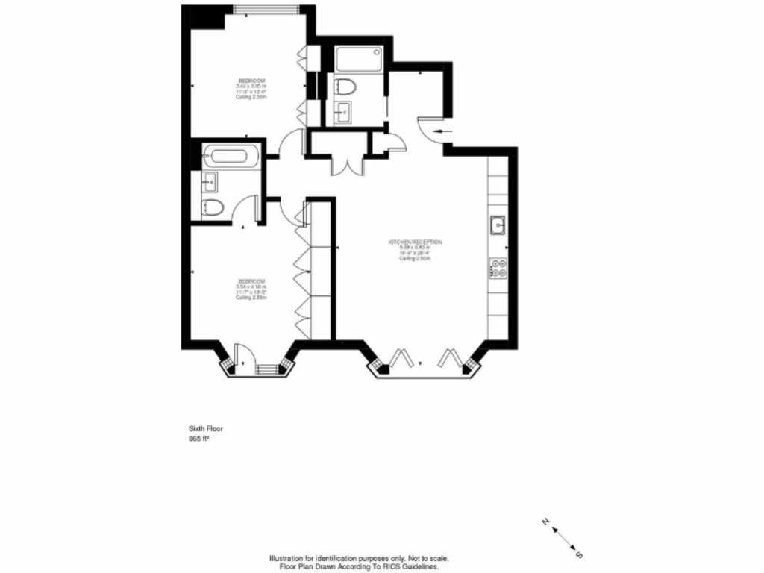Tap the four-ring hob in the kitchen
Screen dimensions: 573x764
498,267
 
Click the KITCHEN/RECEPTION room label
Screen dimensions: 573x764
415,242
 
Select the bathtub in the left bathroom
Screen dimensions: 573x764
231,157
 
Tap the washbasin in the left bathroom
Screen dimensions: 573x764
209,181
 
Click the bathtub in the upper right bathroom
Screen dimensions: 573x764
359,58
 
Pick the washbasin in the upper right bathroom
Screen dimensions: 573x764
343,114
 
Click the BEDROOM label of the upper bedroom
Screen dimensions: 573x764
251,81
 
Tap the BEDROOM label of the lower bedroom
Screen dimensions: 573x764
251,281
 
